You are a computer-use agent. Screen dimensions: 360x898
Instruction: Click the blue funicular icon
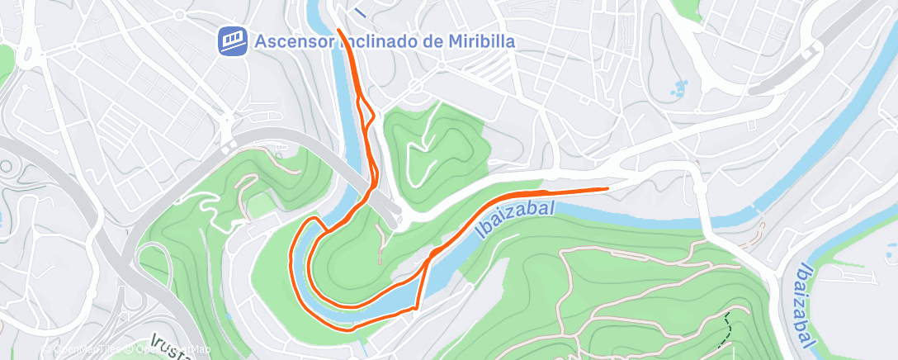tap(232, 40)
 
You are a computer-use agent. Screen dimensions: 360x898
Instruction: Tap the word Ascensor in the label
tap(295, 41)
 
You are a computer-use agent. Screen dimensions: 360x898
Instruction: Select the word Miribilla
tap(482, 41)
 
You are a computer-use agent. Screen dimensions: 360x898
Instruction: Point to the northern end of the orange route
tap(339, 31)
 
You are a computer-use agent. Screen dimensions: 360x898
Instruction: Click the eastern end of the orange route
tap(608, 188)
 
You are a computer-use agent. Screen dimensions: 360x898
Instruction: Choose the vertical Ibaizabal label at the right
tap(806, 305)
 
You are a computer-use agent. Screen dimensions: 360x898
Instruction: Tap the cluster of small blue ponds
tap(680, 88)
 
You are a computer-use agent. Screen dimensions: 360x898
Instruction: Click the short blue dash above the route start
tap(360, 12)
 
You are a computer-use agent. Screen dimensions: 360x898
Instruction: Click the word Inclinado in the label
tap(388, 41)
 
